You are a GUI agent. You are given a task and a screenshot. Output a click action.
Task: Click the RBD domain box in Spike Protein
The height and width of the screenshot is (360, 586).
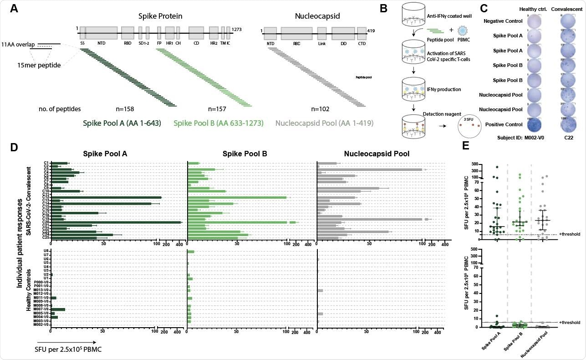pyautogui.click(x=127, y=33)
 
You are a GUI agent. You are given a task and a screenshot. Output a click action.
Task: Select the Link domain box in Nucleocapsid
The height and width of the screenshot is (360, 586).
pyautogui.click(x=321, y=33)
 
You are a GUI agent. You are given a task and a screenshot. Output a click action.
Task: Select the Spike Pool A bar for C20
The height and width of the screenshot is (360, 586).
pyautogui.click(x=116, y=222)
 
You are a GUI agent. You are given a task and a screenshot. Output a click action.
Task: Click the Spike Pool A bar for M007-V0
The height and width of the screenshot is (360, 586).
pyautogui.click(x=58, y=309)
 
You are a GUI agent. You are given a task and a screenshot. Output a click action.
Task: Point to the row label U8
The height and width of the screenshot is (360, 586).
pyautogui.click(x=46, y=251)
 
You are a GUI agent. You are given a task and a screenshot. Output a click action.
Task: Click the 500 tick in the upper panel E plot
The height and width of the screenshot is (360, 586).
pyautogui.click(x=487, y=164)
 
